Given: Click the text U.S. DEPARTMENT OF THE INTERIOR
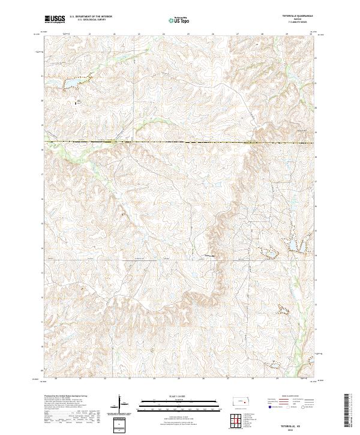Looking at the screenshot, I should pos(91,16).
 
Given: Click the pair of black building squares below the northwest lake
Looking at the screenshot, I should pos(76,103).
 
